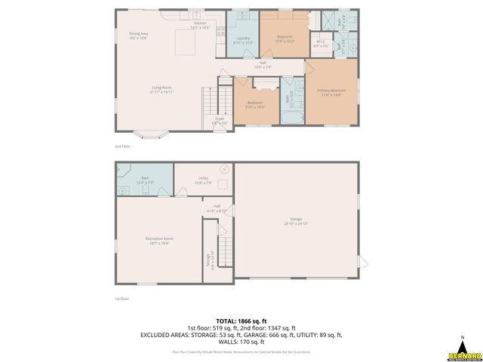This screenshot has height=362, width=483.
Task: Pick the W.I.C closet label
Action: pyautogui.click(x=321, y=44)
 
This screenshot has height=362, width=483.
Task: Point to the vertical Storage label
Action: pyautogui.click(x=209, y=259)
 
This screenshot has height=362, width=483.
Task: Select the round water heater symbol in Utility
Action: pyautogui.click(x=223, y=170)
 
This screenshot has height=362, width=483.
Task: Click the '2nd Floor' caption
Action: pyautogui.click(x=122, y=146)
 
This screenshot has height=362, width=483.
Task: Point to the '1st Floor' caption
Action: pyautogui.click(x=122, y=299)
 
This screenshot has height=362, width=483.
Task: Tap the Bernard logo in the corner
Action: pyautogui.click(x=463, y=351)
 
